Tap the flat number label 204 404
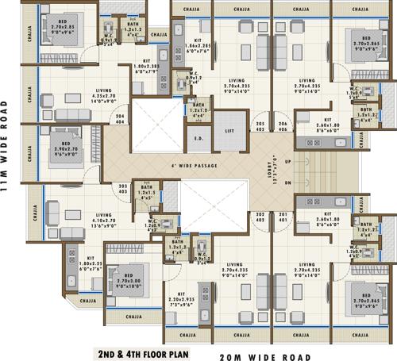pyautogui.click(x=120, y=121)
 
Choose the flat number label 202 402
pyautogui.click(x=259, y=217)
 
